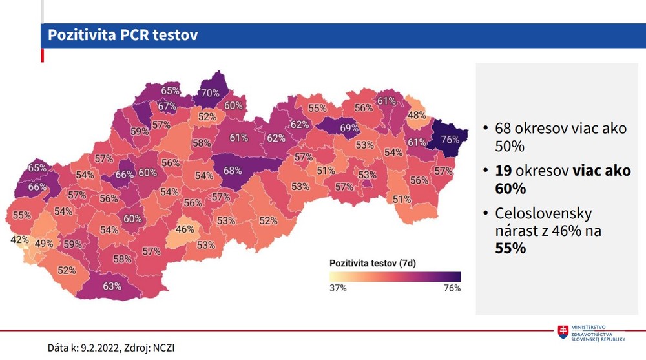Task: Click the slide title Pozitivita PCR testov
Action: click(123, 35)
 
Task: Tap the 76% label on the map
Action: click(450, 139)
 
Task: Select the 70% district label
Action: click(210, 93)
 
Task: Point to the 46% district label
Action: click(185, 229)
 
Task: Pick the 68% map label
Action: click(233, 171)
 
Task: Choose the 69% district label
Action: click(349, 128)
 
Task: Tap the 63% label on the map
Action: click(112, 286)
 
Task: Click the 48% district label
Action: click(417, 116)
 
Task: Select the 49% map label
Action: click(44, 244)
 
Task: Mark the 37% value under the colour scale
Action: click(338, 288)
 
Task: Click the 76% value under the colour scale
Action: click(452, 288)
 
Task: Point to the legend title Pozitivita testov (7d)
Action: click(371, 263)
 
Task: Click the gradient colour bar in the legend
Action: click(395, 276)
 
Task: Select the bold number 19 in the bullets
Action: click(505, 172)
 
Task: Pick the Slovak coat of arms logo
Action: click(564, 332)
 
